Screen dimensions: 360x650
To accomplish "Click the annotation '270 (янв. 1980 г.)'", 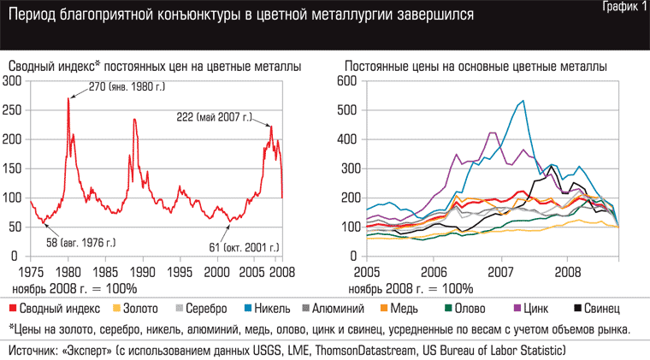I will click(126, 86).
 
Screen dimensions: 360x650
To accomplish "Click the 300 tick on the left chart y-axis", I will click(12, 81).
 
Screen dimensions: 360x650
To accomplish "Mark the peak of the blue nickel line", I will click(523, 101).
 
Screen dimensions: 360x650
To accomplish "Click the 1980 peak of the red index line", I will click(68, 98).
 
